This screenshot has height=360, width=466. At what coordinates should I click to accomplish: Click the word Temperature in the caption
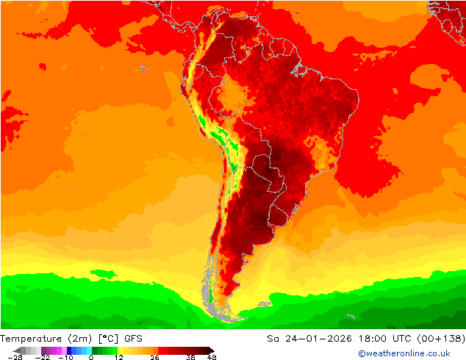31,339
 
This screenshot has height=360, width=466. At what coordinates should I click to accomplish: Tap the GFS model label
133,339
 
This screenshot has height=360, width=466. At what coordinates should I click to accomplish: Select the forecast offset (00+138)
442,339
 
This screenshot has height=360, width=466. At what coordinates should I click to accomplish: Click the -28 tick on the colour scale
15,357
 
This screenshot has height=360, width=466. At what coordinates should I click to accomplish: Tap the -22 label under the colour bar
42,357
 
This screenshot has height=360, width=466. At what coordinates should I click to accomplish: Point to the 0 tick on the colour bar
91,357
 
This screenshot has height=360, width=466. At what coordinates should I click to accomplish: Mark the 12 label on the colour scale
118,357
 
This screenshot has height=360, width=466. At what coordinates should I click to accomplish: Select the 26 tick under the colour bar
154,357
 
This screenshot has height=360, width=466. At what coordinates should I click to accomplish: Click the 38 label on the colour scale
190,357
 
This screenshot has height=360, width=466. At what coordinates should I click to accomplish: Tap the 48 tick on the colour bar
212,357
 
